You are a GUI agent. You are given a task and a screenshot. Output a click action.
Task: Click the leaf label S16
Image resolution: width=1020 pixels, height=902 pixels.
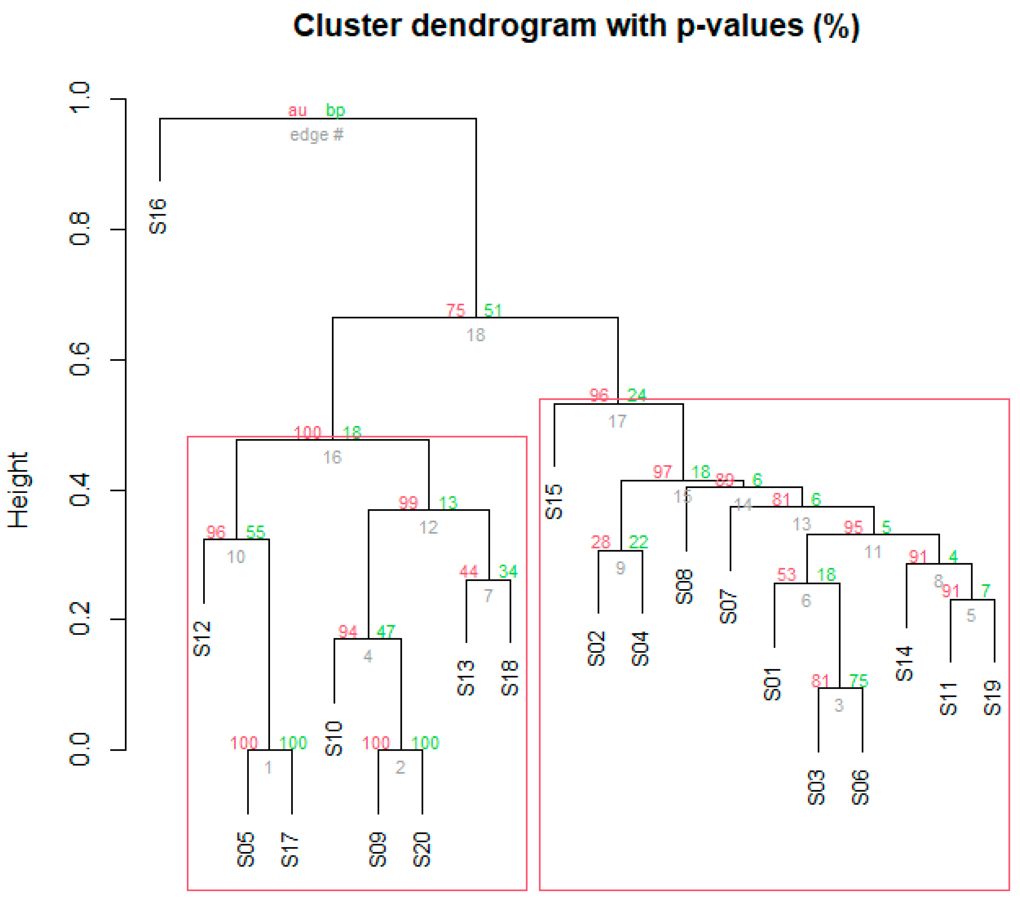(x=158, y=216)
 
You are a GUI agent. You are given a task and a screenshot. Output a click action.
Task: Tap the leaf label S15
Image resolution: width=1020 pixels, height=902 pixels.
(x=554, y=501)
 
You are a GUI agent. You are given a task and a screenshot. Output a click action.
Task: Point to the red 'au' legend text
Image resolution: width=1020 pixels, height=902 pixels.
(x=297, y=110)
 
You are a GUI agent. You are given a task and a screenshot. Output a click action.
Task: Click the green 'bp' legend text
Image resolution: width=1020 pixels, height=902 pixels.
(x=335, y=110)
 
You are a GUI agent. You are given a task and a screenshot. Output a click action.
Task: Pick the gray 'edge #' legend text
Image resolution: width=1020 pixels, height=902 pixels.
(x=316, y=135)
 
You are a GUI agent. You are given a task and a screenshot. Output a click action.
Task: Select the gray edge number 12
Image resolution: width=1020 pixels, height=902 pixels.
(x=429, y=527)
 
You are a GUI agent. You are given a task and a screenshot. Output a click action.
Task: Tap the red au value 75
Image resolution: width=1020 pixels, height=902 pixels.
(x=455, y=311)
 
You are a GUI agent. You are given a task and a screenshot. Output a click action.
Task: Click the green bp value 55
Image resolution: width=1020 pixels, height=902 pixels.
(x=255, y=532)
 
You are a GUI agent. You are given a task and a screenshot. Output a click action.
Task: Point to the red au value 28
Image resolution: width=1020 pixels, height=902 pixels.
(x=601, y=542)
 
